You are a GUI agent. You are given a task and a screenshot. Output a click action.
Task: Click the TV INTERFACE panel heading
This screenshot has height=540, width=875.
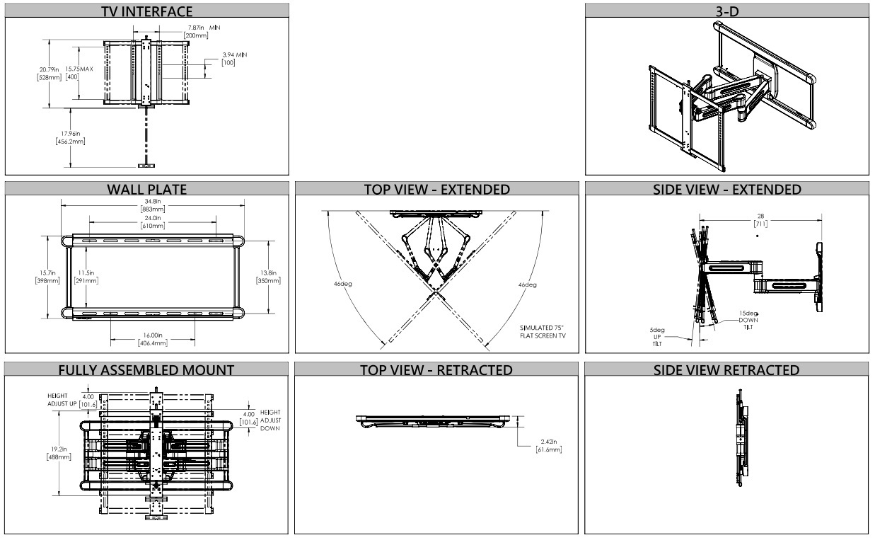point(147,11)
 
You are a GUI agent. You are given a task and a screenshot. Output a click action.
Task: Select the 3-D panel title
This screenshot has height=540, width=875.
point(727,11)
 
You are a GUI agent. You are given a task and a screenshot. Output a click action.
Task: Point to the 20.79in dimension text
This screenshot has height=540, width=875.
point(49,73)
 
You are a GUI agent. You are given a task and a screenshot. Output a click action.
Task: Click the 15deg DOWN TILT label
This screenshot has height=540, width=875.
point(749,319)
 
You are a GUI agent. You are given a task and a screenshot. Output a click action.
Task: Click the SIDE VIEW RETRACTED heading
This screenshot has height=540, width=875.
point(727,370)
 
